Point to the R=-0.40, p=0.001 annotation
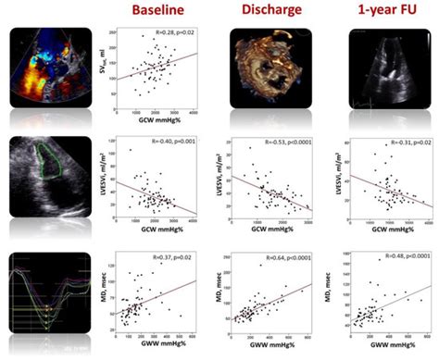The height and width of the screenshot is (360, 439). click(169, 143)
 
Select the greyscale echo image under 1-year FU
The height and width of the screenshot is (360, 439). click(383, 69)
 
